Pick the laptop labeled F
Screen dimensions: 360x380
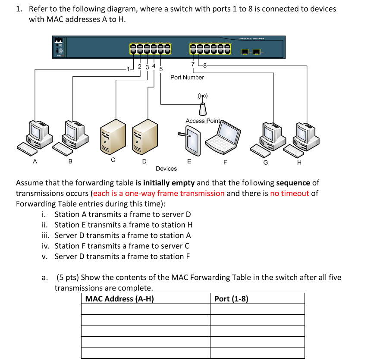pyautogui.click(x=222, y=139)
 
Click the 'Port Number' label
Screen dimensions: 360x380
pyautogui.click(x=187, y=78)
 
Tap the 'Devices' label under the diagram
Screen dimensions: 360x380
pyautogui.click(x=166, y=169)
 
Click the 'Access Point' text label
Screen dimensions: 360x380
pyautogui.click(x=203, y=121)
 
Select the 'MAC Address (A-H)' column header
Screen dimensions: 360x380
pyautogui.click(x=119, y=299)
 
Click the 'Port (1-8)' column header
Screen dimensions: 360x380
pyautogui.click(x=231, y=299)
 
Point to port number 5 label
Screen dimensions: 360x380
pyautogui.click(x=161, y=69)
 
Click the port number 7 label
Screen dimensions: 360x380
pyautogui.click(x=192, y=64)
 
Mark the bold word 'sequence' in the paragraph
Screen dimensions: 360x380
pyautogui.click(x=293, y=183)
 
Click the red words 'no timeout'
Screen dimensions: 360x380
pyautogui.click(x=289, y=193)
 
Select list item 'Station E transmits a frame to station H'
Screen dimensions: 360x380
pyautogui.click(x=123, y=225)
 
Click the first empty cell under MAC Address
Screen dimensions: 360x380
pyautogui.click(x=145, y=309)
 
